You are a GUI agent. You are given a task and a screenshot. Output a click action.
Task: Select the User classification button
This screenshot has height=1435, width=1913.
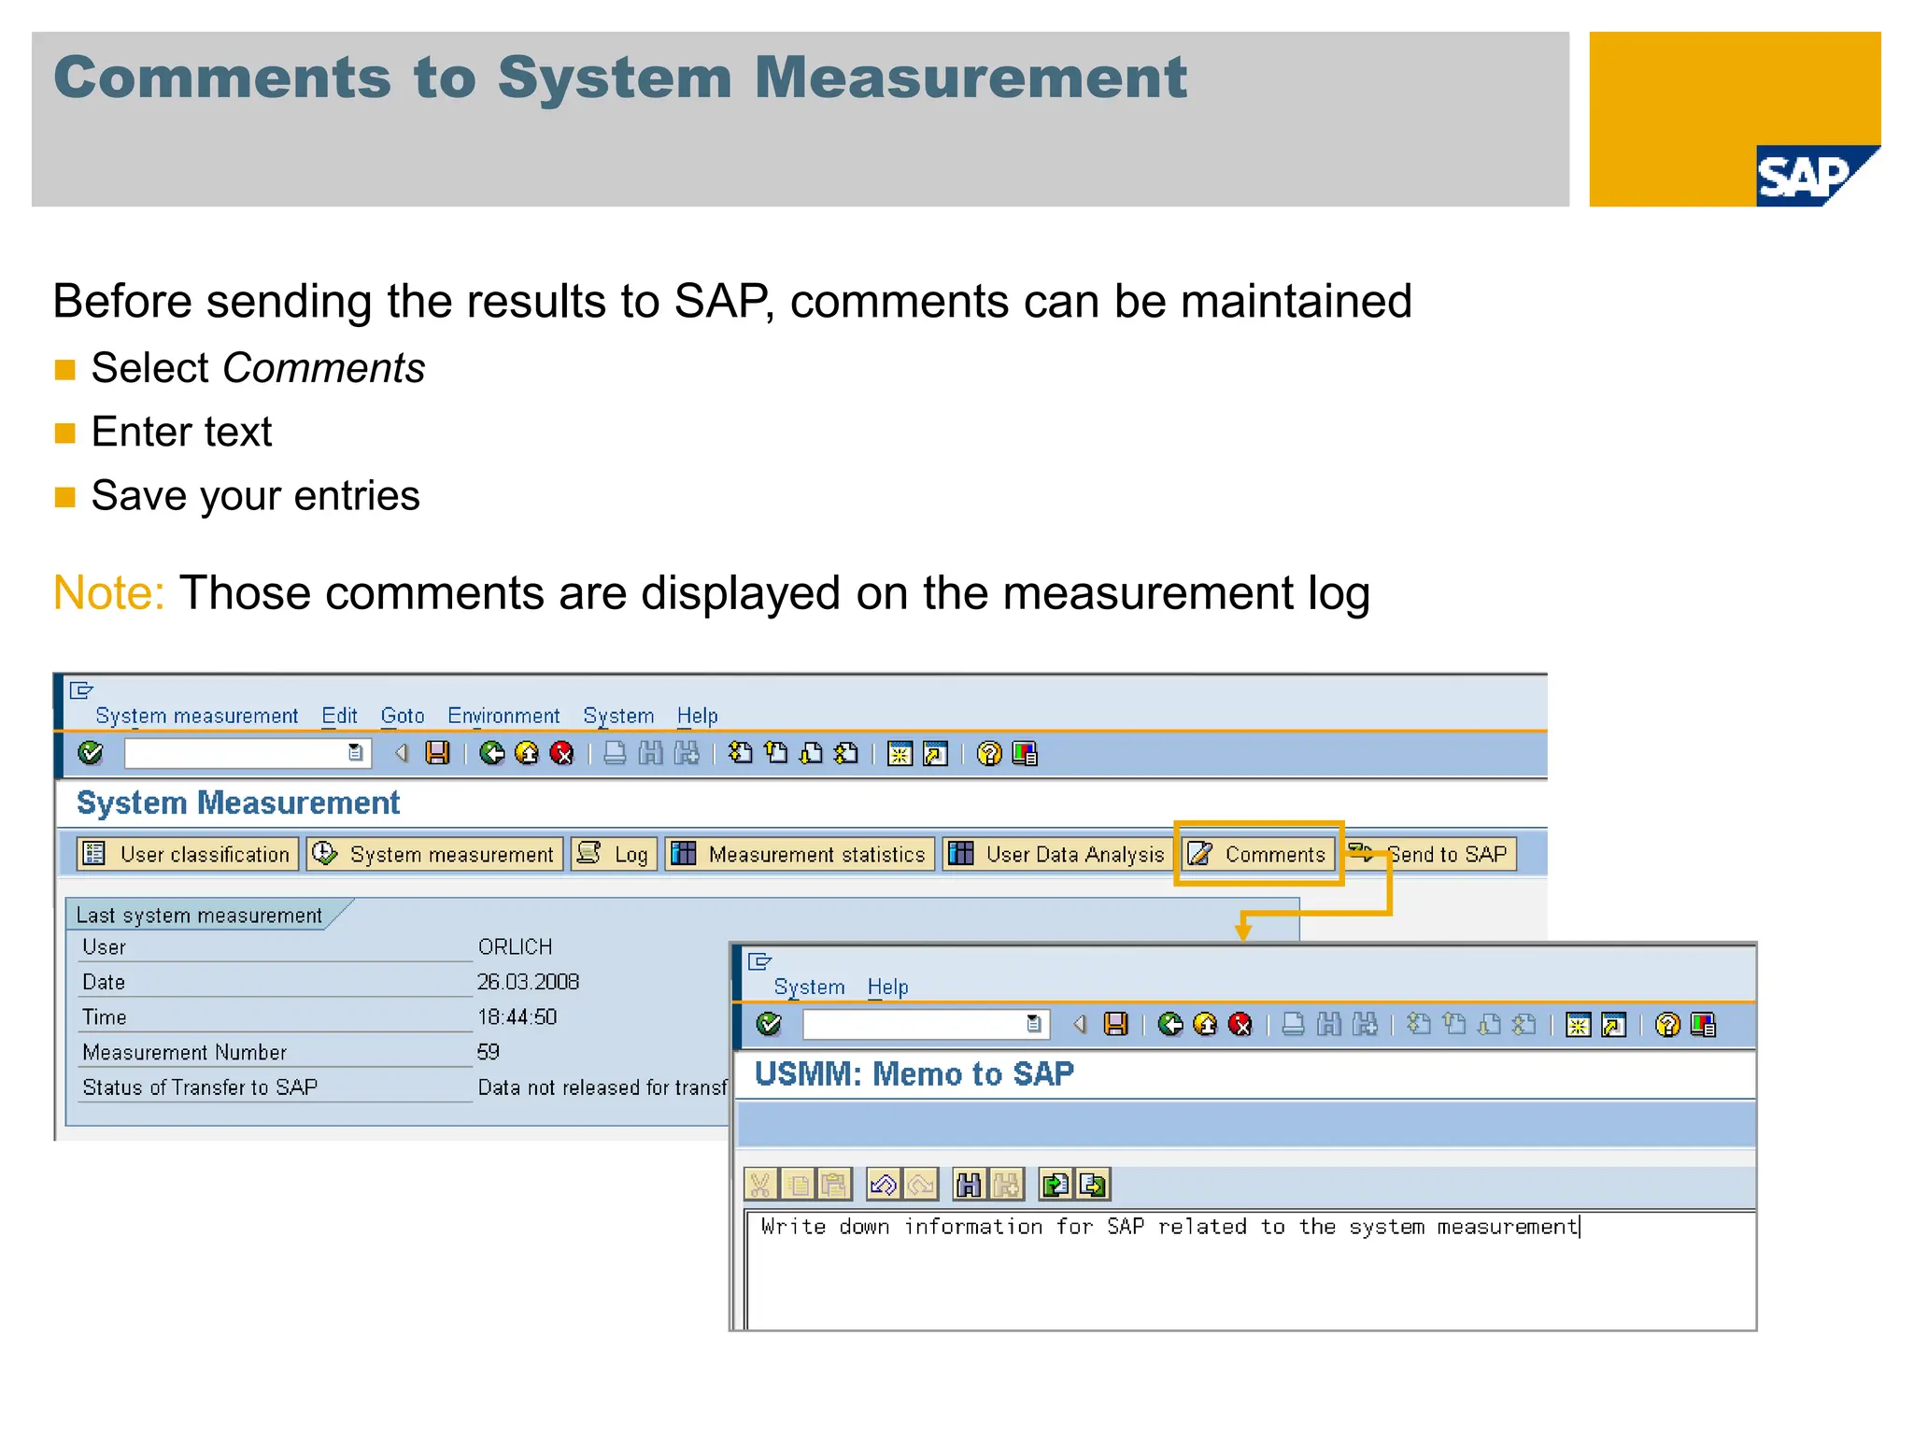click(188, 854)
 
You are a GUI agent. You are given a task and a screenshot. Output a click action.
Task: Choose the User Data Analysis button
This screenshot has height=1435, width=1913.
click(1056, 854)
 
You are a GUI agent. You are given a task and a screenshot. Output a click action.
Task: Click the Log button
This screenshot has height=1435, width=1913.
click(615, 854)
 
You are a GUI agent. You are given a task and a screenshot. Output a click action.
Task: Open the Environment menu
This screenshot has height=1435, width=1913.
click(503, 716)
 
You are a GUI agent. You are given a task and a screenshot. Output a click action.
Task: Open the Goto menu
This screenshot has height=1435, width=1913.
click(403, 716)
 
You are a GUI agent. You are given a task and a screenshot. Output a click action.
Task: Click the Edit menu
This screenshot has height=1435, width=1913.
click(339, 716)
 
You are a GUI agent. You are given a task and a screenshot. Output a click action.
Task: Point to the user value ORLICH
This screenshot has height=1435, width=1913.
click(515, 946)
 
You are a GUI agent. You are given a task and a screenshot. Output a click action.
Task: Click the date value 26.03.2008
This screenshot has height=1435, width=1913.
click(528, 982)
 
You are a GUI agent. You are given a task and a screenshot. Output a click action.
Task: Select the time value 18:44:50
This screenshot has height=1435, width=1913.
click(517, 1016)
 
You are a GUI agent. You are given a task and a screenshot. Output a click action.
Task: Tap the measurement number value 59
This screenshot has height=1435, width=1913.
click(489, 1052)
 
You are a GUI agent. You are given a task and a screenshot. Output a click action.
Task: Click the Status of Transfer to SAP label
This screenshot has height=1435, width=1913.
click(200, 1087)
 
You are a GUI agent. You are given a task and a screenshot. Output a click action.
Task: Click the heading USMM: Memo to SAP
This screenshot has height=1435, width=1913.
click(914, 1074)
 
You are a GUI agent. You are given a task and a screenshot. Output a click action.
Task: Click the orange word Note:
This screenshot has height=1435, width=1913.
click(108, 593)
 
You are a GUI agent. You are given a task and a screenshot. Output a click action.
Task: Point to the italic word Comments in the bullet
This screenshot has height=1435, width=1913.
click(323, 368)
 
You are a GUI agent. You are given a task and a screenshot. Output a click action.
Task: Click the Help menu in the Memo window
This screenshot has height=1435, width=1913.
click(887, 987)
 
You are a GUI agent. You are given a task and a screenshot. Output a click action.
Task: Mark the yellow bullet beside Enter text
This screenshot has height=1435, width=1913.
click(64, 433)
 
